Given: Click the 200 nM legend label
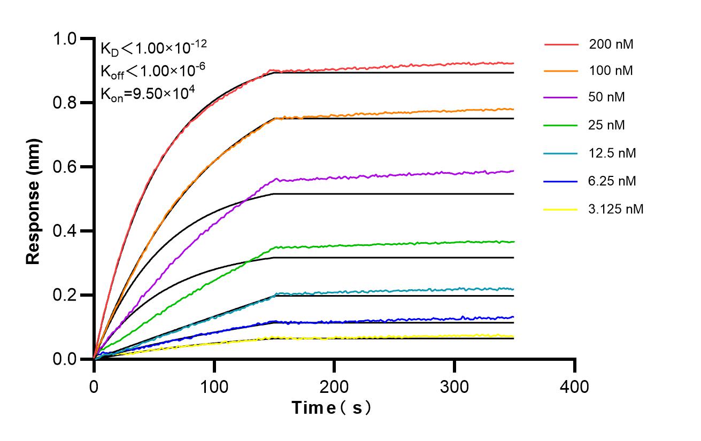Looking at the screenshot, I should (611, 45).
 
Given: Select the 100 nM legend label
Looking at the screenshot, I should (611, 71).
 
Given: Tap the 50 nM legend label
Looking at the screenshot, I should (607, 98).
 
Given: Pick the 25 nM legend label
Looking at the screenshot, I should (607, 125).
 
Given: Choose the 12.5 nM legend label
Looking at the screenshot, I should (613, 153).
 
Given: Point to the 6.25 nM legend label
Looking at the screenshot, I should (613, 181).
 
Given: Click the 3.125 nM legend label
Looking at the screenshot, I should (616, 209).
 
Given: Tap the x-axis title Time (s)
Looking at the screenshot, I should (332, 408).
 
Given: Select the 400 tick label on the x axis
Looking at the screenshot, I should (575, 385).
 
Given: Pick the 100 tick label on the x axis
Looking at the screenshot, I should (214, 385).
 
